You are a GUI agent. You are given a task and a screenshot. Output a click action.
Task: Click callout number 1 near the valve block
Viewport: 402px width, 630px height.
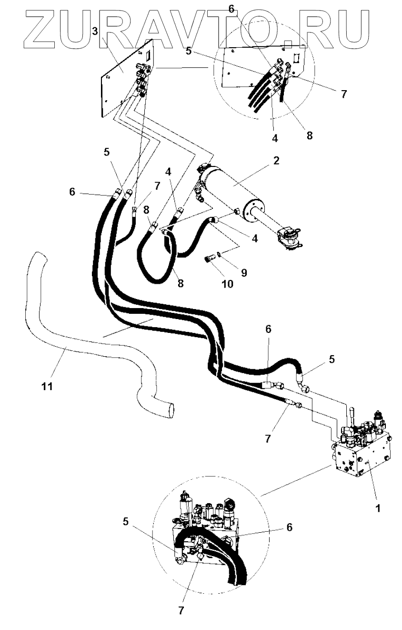click(377, 508)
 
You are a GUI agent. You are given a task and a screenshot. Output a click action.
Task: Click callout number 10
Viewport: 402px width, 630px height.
click(227, 285)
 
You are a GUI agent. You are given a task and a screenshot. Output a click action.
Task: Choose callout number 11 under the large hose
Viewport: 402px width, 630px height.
click(46, 386)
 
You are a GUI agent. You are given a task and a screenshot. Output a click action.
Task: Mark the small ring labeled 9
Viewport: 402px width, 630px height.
click(219, 253)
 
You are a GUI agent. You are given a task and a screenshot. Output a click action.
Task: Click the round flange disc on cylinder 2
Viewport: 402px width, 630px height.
click(251, 209)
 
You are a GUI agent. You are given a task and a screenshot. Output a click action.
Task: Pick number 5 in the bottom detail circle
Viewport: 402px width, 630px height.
click(126, 522)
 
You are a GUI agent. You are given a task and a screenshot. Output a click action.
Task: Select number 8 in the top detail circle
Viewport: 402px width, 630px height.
click(310, 135)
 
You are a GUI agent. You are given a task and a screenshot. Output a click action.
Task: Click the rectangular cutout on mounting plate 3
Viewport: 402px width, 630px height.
click(148, 56)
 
